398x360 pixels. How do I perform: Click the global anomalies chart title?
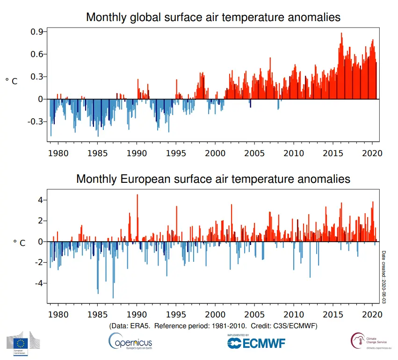point(213,18)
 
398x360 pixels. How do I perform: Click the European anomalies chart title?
point(213,179)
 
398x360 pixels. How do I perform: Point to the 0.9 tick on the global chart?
point(37,31)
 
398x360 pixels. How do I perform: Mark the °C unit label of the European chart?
point(19,243)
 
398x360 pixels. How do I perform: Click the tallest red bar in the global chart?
point(341,34)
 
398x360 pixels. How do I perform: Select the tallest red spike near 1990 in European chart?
point(137,195)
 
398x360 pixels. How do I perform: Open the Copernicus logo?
point(130,341)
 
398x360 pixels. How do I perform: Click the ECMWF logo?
point(256,343)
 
